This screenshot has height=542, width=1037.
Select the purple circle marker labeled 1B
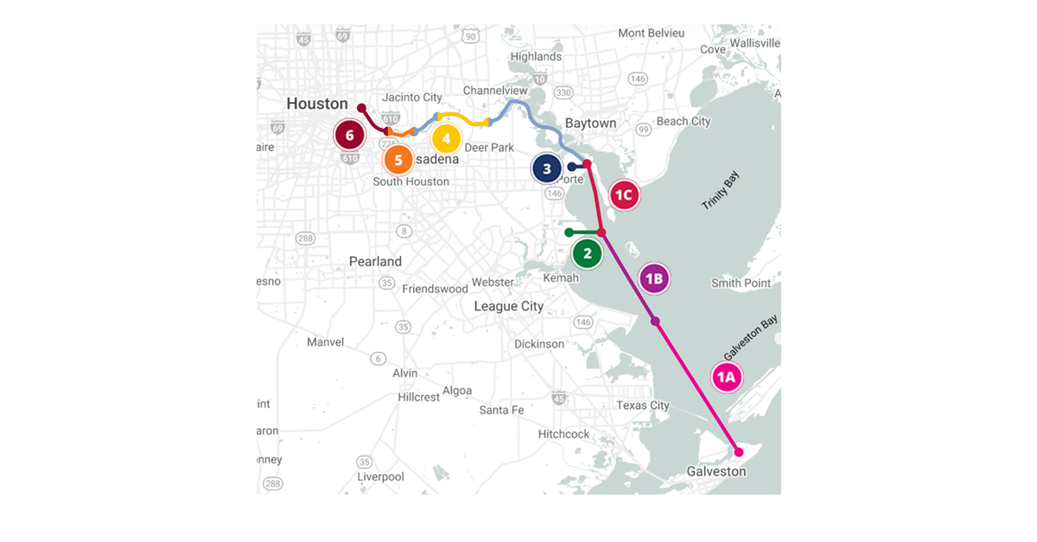[x=654, y=278]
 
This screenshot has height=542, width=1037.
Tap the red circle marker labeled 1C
[x=624, y=194]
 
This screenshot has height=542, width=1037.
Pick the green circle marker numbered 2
[x=588, y=253]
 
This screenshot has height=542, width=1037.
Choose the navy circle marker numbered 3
[x=547, y=169]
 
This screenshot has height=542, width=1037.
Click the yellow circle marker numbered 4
[x=446, y=137]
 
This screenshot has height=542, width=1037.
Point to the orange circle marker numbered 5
[x=398, y=159]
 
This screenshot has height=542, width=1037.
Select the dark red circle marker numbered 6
[x=349, y=135]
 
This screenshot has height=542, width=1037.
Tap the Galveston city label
[x=716, y=471]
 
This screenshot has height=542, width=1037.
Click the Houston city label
[x=317, y=104]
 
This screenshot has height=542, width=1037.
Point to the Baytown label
[x=590, y=123]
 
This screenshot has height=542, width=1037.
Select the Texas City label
[x=642, y=405]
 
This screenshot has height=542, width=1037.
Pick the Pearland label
[x=375, y=261]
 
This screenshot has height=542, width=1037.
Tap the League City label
[x=508, y=306]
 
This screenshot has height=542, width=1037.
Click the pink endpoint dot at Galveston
[x=738, y=452]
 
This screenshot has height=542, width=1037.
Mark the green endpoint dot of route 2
[x=568, y=233]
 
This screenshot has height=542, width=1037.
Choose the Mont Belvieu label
[x=651, y=33]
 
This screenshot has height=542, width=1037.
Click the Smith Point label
[x=741, y=283]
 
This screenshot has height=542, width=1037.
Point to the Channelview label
[x=494, y=90]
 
